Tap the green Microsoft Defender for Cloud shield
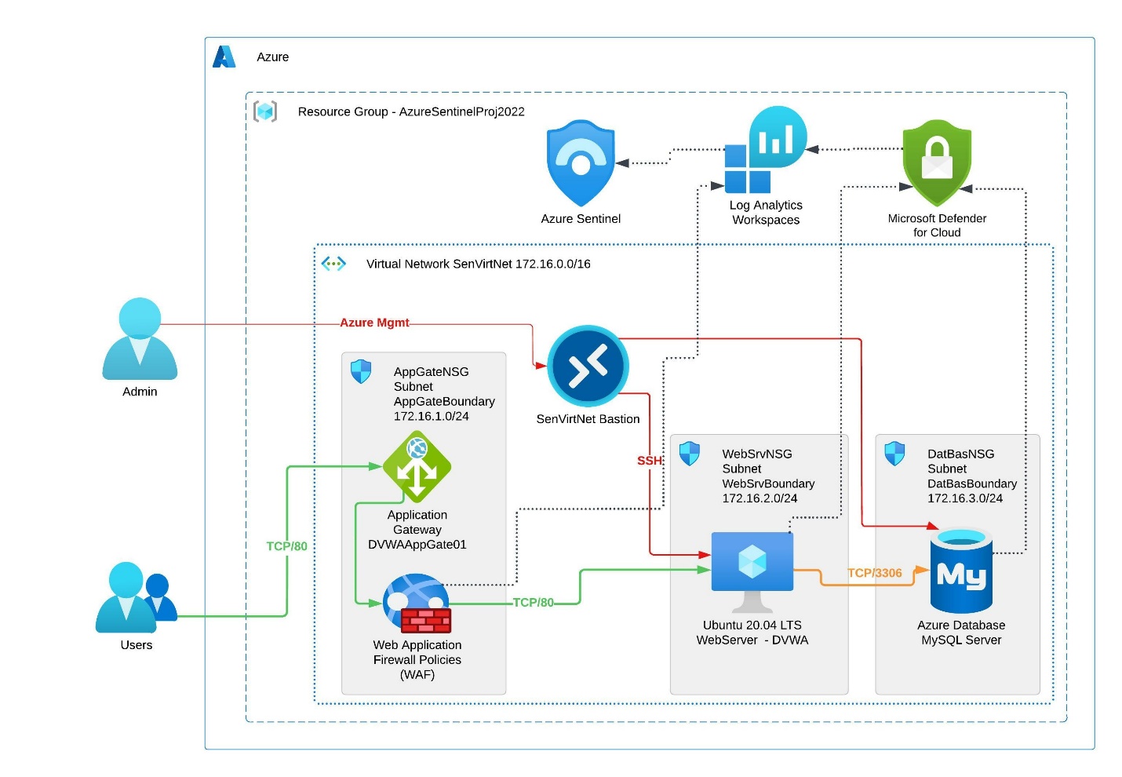[x=937, y=160]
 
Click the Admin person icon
[x=140, y=338]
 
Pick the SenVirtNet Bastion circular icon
[x=588, y=366]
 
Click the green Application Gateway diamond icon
[x=417, y=467]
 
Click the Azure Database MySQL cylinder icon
[x=961, y=571]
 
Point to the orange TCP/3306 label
[x=875, y=573]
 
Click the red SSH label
[x=649, y=461]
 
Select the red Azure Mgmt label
[x=374, y=323]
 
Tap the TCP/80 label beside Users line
[x=286, y=546]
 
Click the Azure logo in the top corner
[x=224, y=57]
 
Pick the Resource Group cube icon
[x=265, y=111]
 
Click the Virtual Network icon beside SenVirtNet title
[x=333, y=264]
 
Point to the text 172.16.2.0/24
[x=760, y=498]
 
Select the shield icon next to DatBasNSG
[x=894, y=454]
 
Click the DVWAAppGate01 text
[x=417, y=545]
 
